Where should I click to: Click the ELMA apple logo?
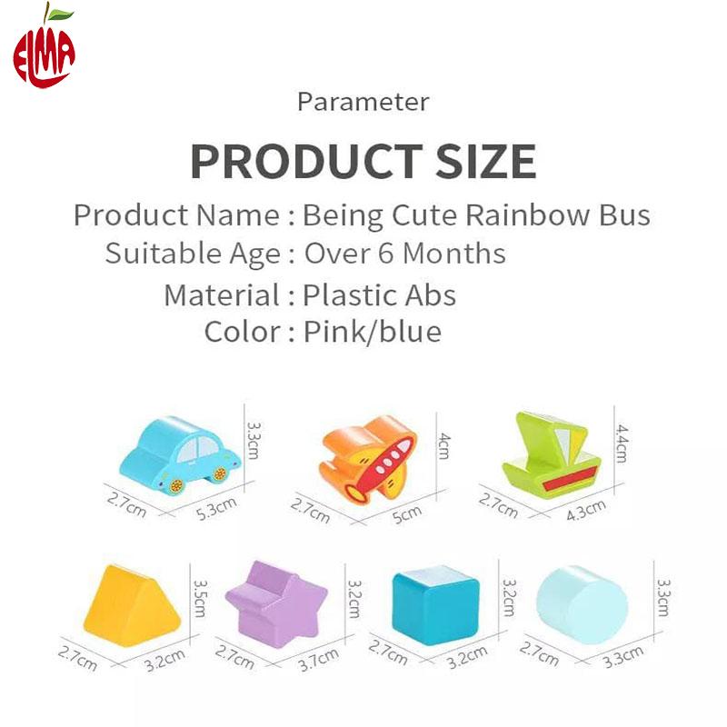[x=44, y=46]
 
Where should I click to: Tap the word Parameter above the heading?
[x=363, y=102]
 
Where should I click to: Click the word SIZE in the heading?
[x=486, y=162]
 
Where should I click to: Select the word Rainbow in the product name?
[x=527, y=215]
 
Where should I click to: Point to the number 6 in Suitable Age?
[x=385, y=254]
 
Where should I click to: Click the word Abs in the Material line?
[x=430, y=295]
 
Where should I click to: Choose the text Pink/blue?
[x=373, y=332]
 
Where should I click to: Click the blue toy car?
[x=180, y=453]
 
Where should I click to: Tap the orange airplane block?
[x=368, y=458]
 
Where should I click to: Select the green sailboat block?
[x=552, y=454]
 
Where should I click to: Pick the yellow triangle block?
[x=132, y=605]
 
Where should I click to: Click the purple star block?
[x=276, y=603]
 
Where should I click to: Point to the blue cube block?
[x=435, y=604]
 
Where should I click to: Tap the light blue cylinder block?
[x=582, y=604]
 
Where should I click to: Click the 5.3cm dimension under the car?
[x=216, y=508]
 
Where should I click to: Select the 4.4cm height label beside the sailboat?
[x=622, y=443]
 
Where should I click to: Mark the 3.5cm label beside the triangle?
[x=200, y=598]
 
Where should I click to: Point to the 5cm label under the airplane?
[x=407, y=514]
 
